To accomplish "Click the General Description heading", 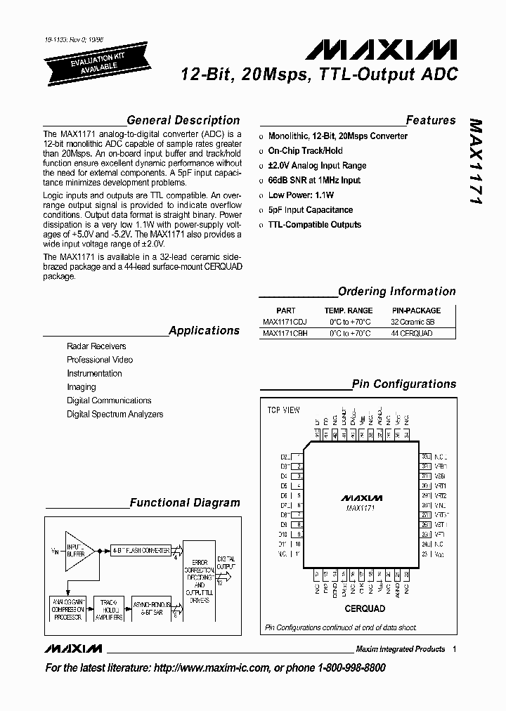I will pos(183,120).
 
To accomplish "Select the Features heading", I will pos(430,120).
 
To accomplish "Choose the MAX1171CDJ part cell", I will pos(285,322).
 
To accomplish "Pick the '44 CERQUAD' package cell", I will pos(411,334).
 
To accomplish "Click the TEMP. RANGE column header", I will pos(349,310).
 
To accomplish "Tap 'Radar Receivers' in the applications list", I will pos(96,346).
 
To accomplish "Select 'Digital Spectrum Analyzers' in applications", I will pos(115,415).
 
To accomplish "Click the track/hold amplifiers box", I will pos(108,609).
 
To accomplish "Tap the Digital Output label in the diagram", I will pos(227,561).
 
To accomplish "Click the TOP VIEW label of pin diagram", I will pos(283,410).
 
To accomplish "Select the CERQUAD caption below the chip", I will pos(365,608).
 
